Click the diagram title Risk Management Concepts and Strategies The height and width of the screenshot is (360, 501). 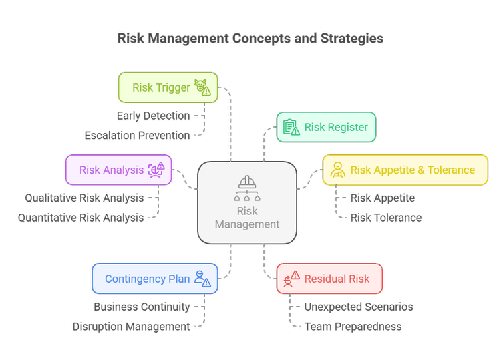coord(250,39)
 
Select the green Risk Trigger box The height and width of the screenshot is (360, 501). coord(168,87)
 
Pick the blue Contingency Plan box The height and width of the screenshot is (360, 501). coord(154,279)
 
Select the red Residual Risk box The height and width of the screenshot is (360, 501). coord(329,279)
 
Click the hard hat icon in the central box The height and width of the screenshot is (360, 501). coord(247,182)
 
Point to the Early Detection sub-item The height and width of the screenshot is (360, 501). coord(154,116)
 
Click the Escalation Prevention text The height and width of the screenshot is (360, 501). coord(137,136)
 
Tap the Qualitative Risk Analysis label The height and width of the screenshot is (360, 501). coord(84,198)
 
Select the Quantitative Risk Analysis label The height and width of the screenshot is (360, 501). coord(81,218)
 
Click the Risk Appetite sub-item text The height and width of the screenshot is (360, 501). coord(382,198)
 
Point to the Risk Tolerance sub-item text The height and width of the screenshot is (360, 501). coord(385,218)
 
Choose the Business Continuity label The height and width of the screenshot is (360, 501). coord(142,307)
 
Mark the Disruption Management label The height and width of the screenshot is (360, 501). coord(132,327)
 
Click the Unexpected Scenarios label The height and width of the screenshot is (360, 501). coord(358,307)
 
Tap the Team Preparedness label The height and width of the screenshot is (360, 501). coord(353,327)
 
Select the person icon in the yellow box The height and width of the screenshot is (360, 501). coord(337,170)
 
